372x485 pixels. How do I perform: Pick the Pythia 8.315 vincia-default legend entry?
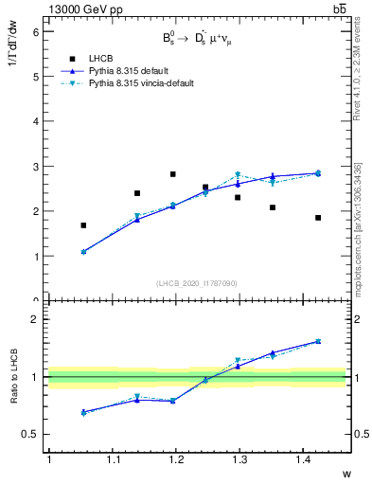[x=141, y=83]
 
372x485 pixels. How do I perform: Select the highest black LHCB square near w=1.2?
[x=172, y=174]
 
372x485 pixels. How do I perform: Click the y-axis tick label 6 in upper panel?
[x=35, y=31]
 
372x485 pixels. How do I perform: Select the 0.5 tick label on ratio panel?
[x=30, y=434]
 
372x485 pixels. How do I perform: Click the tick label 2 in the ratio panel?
[x=35, y=319]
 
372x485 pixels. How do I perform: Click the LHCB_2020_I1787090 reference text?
[x=197, y=283]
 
